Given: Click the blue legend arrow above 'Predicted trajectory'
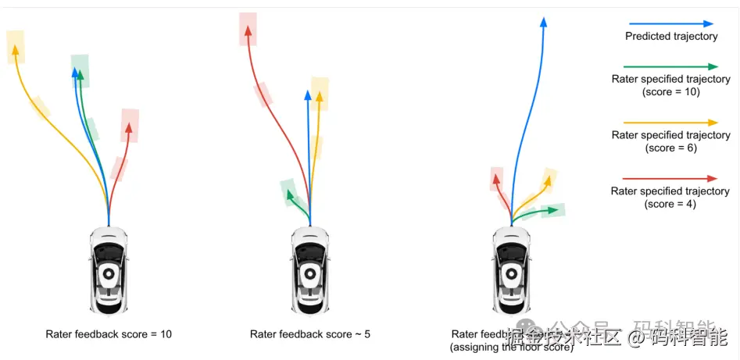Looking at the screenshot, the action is pyautogui.click(x=670, y=24).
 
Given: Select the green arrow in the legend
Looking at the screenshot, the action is pyautogui.click(x=670, y=67).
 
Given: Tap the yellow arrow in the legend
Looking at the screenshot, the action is pyautogui.click(x=670, y=123).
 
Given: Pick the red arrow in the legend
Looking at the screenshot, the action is pyautogui.click(x=670, y=179).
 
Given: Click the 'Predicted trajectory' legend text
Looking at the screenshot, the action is pyautogui.click(x=670, y=37).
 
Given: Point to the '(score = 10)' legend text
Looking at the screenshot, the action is pyautogui.click(x=670, y=91).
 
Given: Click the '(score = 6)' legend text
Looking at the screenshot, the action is pyautogui.click(x=670, y=148).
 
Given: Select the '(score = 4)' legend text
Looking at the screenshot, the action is pyautogui.click(x=670, y=204).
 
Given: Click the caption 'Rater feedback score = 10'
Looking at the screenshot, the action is pyautogui.click(x=109, y=334).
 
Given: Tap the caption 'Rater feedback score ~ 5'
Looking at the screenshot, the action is pyautogui.click(x=310, y=334).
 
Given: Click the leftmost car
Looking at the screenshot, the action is pyautogui.click(x=109, y=270).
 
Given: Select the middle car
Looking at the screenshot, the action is pyautogui.click(x=310, y=270).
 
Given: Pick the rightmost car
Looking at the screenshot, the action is pyautogui.click(x=511, y=270).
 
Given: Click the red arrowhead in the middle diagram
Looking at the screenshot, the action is pyautogui.click(x=248, y=30).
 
